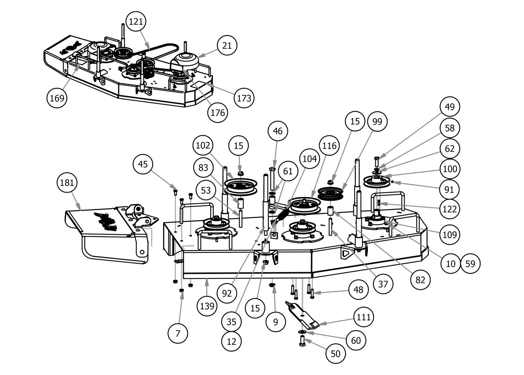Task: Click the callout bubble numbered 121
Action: (136, 22)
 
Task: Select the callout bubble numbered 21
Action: (227, 46)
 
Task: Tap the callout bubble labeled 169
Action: (57, 98)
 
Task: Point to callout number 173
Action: (244, 98)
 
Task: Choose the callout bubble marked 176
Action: (218, 112)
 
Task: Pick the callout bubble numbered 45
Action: (143, 164)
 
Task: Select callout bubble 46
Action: (278, 131)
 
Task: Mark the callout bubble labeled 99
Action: (377, 122)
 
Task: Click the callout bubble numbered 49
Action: (450, 107)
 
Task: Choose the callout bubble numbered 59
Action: (470, 264)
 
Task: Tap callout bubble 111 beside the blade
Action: (363, 317)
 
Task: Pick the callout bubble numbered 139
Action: (207, 306)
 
